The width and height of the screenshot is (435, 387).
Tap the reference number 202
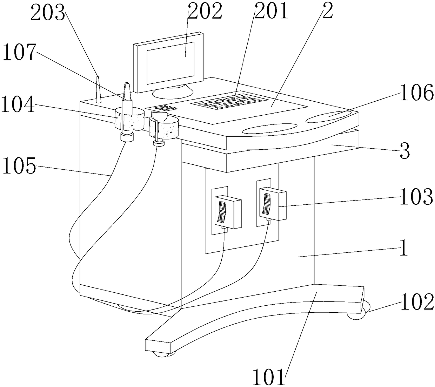(x=205, y=11)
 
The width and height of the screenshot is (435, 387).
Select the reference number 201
(x=271, y=11)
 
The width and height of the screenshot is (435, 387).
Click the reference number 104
(x=18, y=104)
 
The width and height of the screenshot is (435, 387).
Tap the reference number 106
(x=416, y=94)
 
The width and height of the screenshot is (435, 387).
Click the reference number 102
(x=417, y=302)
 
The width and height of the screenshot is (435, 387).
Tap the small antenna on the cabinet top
(x=98, y=89)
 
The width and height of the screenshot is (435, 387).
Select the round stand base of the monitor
(x=173, y=92)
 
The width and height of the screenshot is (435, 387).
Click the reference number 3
(x=405, y=152)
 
